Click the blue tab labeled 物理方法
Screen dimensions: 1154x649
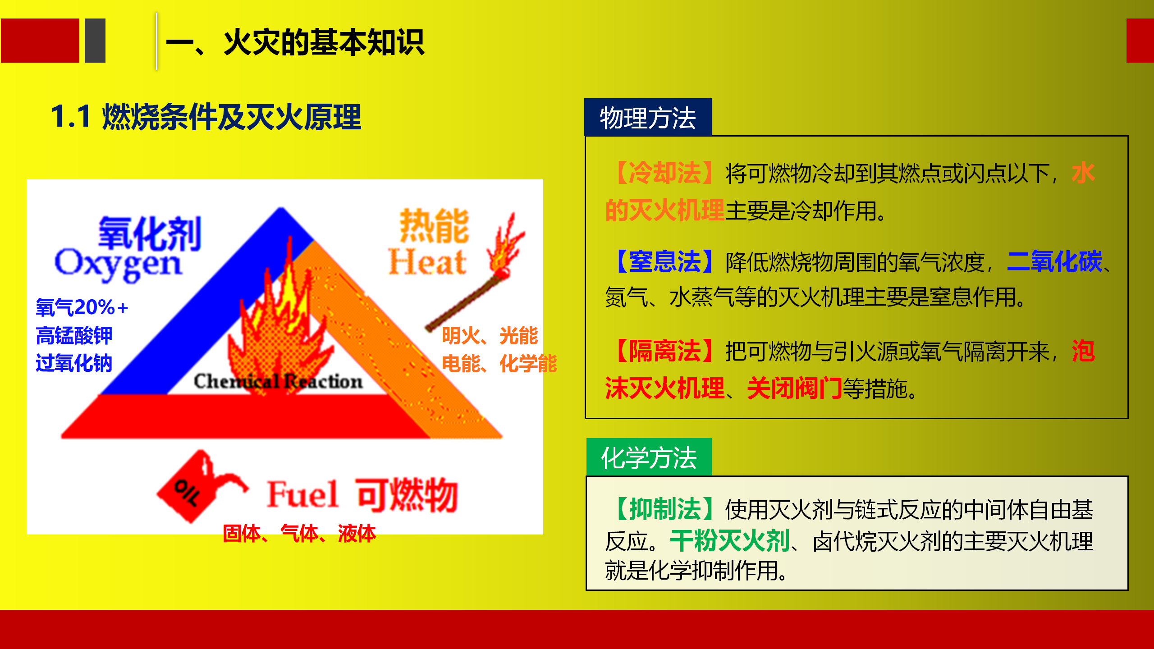(x=648, y=117)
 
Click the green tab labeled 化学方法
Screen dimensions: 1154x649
(x=649, y=457)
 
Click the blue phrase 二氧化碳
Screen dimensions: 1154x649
(x=1054, y=262)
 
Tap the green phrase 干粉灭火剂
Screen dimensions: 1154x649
(x=730, y=541)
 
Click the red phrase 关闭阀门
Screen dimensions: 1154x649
(x=795, y=388)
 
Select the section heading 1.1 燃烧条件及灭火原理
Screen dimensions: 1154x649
(x=206, y=117)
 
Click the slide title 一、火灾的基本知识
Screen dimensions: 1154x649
(x=295, y=42)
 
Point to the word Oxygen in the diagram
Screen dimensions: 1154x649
(x=118, y=265)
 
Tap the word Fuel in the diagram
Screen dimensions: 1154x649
(x=302, y=494)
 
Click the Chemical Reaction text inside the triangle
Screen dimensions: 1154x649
(x=278, y=381)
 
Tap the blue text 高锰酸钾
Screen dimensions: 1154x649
(x=74, y=335)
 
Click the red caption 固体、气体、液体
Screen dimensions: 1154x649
(x=299, y=534)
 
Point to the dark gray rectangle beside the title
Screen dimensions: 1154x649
(x=95, y=41)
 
